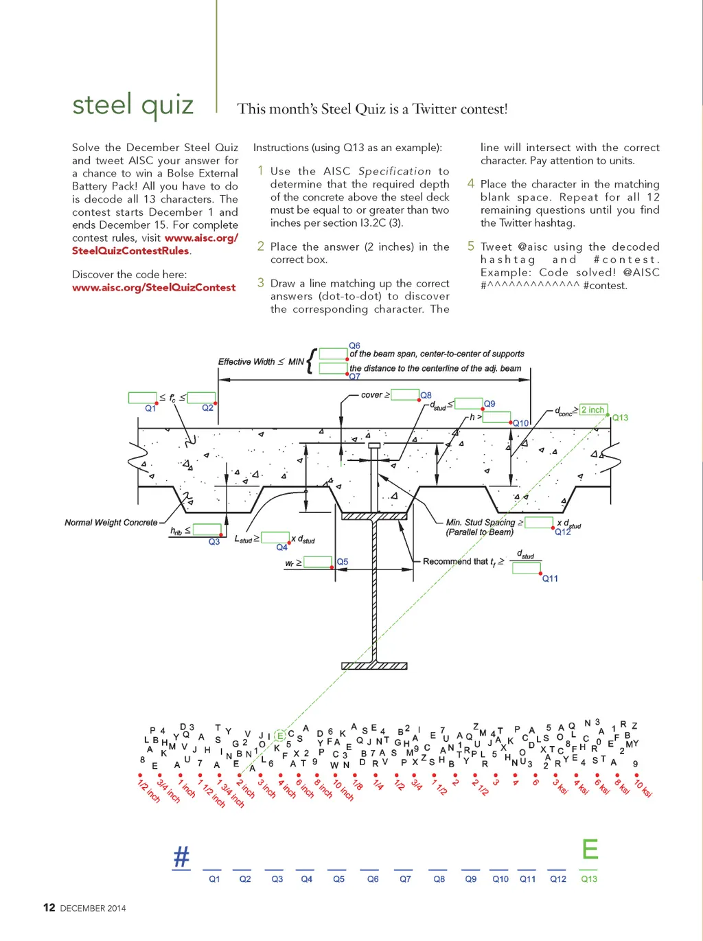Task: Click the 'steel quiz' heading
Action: [x=133, y=106]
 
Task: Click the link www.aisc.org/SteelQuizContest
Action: [x=154, y=288]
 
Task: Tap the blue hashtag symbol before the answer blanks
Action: [x=181, y=857]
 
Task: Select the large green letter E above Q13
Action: [x=590, y=850]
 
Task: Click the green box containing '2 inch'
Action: [x=593, y=410]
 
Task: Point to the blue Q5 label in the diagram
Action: [x=342, y=562]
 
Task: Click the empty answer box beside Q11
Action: [x=526, y=567]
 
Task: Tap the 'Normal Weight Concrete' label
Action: [x=111, y=523]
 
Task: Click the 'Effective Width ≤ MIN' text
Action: [x=261, y=361]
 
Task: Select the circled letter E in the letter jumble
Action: [x=280, y=736]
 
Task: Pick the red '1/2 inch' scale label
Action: [x=148, y=791]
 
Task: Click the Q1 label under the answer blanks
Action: [x=215, y=879]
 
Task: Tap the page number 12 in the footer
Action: [x=49, y=907]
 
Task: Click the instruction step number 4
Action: [x=471, y=183]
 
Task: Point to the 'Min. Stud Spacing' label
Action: [x=481, y=523]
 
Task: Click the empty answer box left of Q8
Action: [x=405, y=394]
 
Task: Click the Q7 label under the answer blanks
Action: [x=405, y=879]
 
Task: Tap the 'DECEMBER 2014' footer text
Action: [x=93, y=908]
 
